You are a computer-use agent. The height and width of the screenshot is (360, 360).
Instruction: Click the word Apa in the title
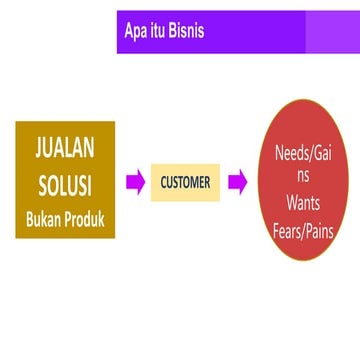tap(137, 31)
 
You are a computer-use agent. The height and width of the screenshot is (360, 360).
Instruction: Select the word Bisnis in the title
tap(186, 31)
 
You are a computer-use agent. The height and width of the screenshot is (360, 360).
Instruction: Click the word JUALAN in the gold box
tap(65, 150)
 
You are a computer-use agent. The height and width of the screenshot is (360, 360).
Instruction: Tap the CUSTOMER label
tap(185, 183)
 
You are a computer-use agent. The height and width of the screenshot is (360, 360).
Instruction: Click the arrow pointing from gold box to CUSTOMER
tap(135, 183)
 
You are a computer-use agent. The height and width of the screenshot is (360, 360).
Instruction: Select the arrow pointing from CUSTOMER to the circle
tap(237, 183)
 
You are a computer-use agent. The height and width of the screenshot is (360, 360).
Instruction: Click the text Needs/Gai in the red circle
tap(303, 155)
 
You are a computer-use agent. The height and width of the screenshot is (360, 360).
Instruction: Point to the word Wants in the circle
tap(303, 207)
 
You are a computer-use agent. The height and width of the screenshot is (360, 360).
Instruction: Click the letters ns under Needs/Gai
tap(303, 178)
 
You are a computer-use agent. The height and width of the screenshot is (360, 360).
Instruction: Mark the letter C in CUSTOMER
tap(164, 183)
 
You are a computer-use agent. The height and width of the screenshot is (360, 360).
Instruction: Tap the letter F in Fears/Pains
tap(277, 235)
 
